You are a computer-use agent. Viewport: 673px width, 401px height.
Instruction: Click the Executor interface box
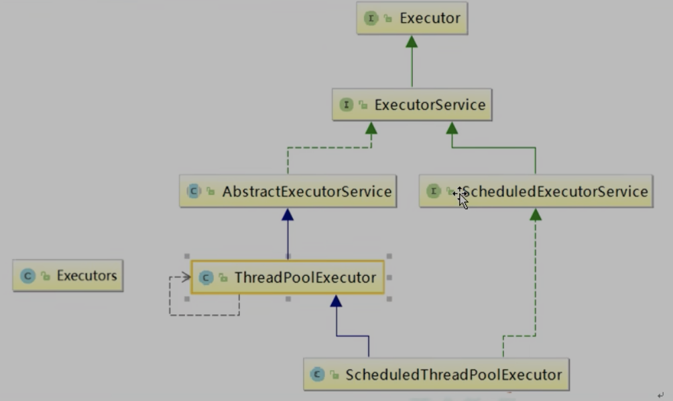click(412, 19)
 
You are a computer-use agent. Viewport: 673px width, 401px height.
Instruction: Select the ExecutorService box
click(412, 105)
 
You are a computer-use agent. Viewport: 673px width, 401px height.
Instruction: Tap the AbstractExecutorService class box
click(288, 191)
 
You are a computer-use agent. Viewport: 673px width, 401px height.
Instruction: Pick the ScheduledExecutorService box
click(536, 191)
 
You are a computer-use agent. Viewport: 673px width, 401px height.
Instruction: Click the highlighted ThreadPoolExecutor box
click(288, 277)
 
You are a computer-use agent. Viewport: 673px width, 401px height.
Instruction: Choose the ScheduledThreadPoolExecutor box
click(436, 374)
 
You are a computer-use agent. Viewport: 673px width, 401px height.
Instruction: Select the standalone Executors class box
click(68, 275)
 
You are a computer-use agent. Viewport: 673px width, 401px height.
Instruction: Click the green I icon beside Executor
click(371, 19)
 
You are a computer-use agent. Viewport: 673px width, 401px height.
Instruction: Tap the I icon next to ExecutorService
click(346, 105)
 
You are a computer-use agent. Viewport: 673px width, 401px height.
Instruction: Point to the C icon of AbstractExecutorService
click(194, 191)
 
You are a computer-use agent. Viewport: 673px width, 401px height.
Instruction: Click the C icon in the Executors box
click(27, 276)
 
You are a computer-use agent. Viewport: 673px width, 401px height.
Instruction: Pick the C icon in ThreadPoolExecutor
click(206, 278)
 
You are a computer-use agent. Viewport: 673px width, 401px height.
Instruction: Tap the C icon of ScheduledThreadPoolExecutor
click(317, 375)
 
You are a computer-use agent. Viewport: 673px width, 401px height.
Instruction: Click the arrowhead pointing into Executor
click(412, 42)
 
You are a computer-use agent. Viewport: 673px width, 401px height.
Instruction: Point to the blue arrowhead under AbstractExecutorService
click(288, 214)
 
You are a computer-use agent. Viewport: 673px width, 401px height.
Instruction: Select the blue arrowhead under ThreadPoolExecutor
click(336, 301)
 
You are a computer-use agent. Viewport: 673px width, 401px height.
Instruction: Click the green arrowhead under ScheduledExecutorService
click(536, 214)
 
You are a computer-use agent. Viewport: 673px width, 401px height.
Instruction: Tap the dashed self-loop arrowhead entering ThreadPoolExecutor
click(186, 277)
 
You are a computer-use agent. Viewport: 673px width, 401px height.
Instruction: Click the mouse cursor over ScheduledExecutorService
click(461, 197)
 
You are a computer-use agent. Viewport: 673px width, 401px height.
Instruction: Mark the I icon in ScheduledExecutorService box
click(433, 191)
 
